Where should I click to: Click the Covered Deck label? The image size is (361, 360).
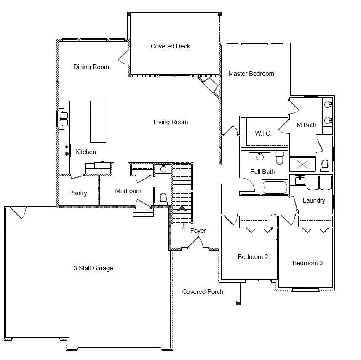click(170, 46)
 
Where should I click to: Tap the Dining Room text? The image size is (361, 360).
click(91, 67)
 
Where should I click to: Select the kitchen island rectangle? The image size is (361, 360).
click(98, 122)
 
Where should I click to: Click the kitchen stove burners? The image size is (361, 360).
click(67, 150)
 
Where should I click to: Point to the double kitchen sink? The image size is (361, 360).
click(64, 119)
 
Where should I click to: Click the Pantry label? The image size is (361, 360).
click(78, 193)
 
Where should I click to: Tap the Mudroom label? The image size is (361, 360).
click(128, 191)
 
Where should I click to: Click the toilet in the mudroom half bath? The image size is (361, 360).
click(163, 199)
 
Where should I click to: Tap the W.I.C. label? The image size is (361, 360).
click(263, 133)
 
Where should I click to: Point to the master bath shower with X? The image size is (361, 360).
click(302, 164)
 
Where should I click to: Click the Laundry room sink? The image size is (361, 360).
click(300, 180)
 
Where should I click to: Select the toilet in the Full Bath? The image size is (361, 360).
click(280, 158)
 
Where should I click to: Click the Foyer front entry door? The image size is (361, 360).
click(195, 244)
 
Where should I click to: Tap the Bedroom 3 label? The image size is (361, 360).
click(308, 263)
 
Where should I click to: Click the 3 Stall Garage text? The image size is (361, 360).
click(93, 268)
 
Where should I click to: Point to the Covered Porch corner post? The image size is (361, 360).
click(238, 303)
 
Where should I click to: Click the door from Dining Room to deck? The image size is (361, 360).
click(124, 56)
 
